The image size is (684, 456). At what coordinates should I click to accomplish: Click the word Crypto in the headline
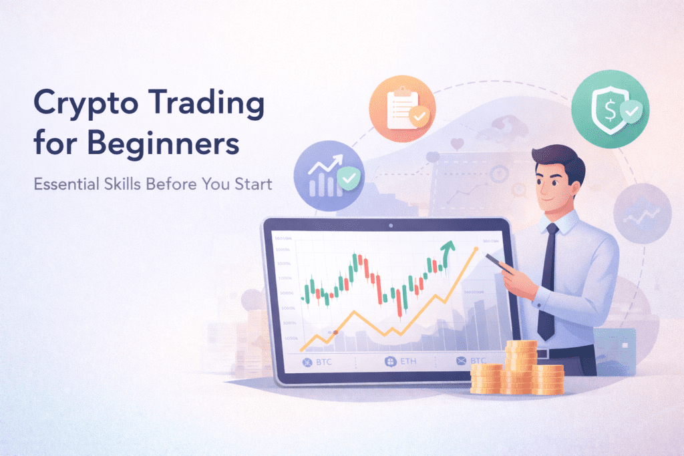tap(71, 107)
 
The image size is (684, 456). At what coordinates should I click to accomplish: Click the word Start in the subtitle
tap(253, 184)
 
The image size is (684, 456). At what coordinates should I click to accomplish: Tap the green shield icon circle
tap(610, 105)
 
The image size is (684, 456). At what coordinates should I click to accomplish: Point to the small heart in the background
tap(457, 143)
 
